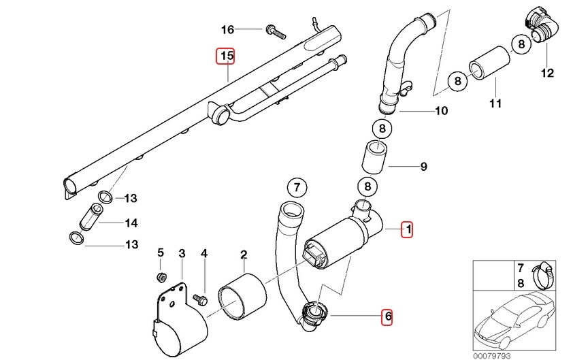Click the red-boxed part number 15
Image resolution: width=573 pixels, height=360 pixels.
[225, 55]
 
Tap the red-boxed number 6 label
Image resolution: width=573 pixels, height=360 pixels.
[387, 316]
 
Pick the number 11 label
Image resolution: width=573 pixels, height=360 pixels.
[495, 103]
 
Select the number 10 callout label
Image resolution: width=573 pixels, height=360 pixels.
[441, 110]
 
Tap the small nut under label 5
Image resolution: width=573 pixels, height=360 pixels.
[162, 277]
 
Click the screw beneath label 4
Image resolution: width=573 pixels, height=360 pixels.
[201, 298]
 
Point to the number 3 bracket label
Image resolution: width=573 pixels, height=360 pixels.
[182, 254]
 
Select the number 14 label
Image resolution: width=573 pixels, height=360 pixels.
[131, 223]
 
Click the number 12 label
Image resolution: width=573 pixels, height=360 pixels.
[548, 73]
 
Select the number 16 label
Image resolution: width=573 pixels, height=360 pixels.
[227, 29]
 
